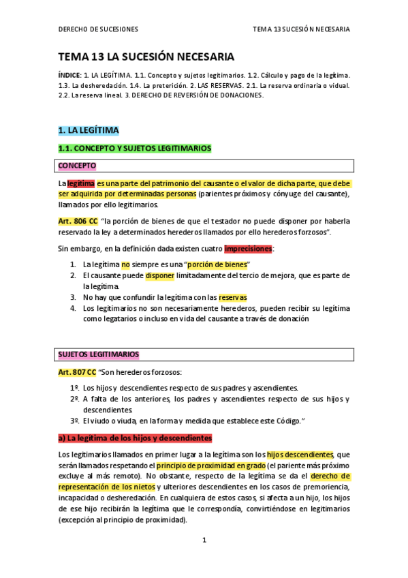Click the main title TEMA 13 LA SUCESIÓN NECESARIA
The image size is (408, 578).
coord(146,57)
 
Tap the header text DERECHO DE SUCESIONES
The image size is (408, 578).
coord(98,29)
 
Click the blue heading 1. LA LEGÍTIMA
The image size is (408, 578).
coord(89,130)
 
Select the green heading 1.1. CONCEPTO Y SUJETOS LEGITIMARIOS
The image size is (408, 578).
coord(135,148)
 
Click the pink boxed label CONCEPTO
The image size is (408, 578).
coord(77,166)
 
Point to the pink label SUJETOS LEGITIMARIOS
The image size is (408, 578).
coord(99,354)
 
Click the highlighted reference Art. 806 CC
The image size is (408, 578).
coord(78,222)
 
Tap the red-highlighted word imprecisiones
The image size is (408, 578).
coord(248,249)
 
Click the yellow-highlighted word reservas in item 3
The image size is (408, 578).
coord(233,297)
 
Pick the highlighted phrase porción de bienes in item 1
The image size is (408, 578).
coord(217,264)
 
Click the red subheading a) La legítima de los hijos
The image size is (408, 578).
coord(136,438)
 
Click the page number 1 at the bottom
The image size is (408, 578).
coord(204,540)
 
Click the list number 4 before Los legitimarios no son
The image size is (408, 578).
coord(73,308)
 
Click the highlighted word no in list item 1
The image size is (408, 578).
coord(125,264)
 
